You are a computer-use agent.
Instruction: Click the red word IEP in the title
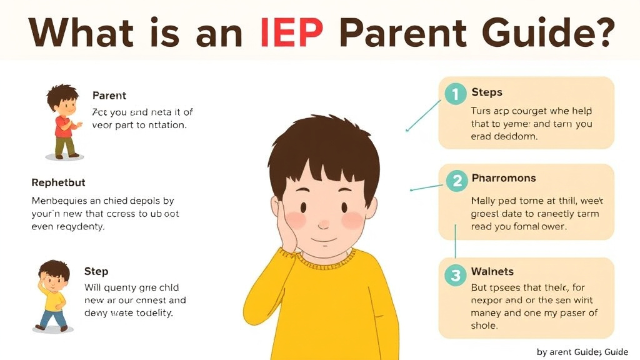tap(291, 32)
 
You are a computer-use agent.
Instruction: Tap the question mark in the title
tap(600, 32)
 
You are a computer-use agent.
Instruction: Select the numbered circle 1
tap(456, 94)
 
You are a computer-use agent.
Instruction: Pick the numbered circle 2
tap(457, 181)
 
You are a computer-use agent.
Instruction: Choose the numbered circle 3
tap(456, 274)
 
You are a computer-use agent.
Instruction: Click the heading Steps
tap(486, 92)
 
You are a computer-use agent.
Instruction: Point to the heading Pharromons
tap(503, 179)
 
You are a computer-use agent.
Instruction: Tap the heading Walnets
tap(492, 271)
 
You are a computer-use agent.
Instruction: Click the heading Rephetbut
tap(58, 183)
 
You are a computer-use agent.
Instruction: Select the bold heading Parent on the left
tap(109, 96)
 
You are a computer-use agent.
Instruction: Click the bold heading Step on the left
tap(96, 272)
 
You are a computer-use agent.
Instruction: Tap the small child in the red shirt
tap(63, 122)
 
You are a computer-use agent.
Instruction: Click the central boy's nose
tap(323, 223)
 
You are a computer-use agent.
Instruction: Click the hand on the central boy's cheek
tap(289, 225)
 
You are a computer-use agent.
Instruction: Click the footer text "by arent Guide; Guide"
tap(582, 352)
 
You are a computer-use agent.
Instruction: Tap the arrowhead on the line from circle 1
tap(407, 130)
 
